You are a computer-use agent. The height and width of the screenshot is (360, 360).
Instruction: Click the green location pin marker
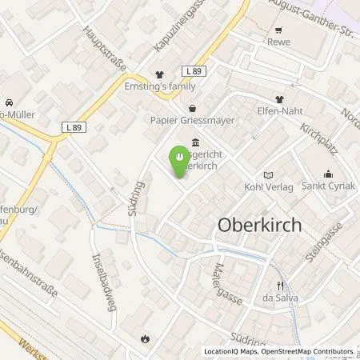181,155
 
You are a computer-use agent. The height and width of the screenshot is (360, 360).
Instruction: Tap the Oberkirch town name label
260,226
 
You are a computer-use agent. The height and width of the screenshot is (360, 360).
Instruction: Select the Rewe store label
279,42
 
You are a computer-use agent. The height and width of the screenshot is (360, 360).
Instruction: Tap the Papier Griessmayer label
192,122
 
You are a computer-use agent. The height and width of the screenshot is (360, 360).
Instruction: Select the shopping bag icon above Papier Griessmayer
192,108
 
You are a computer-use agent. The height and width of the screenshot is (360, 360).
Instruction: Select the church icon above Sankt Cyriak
328,174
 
